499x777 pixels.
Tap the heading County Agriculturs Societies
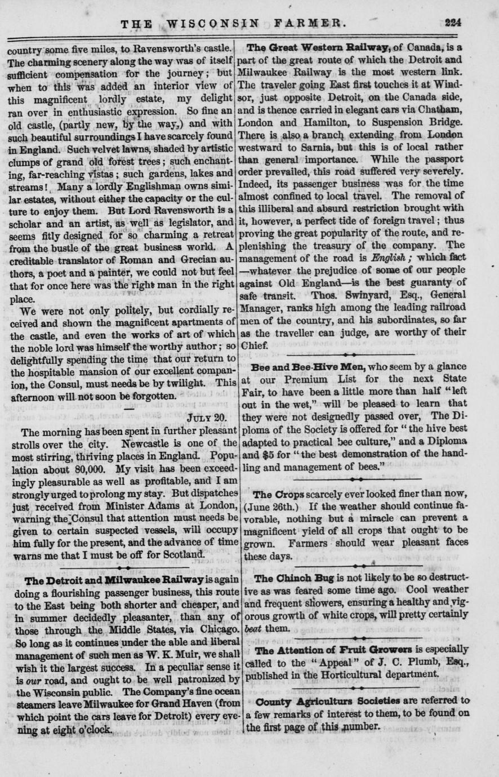pos(320,701)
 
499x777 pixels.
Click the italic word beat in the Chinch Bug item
pos(253,628)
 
